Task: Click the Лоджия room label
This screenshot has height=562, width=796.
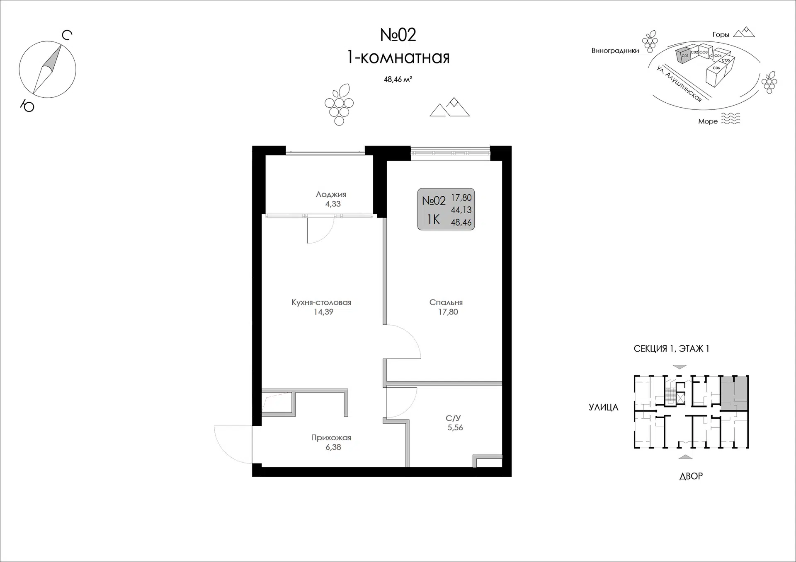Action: pos(331,194)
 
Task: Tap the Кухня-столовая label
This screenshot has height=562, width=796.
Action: pos(321,302)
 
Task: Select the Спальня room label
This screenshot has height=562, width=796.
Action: pos(446,303)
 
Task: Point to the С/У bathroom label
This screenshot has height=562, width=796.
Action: pos(454,418)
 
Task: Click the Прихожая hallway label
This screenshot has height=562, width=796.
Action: pos(331,438)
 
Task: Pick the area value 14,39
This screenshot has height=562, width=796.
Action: pos(323,312)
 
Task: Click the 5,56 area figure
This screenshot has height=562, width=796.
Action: pos(455,428)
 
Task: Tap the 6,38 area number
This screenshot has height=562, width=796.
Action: pos(333,447)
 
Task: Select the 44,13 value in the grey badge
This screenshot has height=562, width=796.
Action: pos(461,210)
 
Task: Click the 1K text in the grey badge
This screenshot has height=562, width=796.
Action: pos(433,219)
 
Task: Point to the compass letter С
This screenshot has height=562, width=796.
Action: pos(67,36)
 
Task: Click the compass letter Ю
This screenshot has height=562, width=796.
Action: pos(27,106)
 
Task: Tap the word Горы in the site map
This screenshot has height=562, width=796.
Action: pos(721,35)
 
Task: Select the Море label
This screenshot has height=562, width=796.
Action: pos(708,121)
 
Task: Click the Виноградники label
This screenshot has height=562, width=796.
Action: pos(615,51)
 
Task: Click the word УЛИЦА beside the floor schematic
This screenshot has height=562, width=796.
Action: pos(603,408)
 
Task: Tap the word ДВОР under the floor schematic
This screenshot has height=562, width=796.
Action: pos(691,476)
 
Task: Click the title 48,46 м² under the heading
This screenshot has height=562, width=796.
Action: pos(398,79)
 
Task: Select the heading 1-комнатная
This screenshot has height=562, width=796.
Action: pos(398,58)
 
